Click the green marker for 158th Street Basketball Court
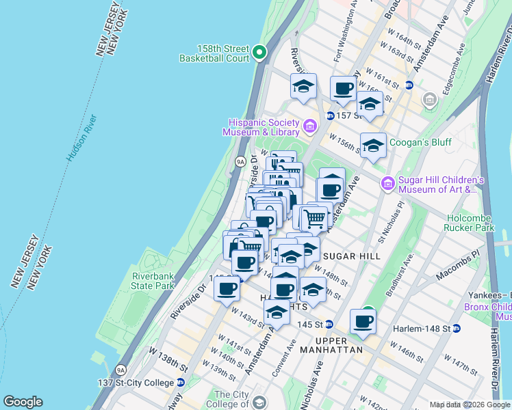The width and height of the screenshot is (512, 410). pos(259,52)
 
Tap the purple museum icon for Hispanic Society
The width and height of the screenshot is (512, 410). pos(309,126)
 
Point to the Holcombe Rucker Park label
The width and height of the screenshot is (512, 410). pos(469,220)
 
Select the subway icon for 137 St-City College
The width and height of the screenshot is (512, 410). pos(181,382)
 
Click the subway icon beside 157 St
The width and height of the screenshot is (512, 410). pos(330,115)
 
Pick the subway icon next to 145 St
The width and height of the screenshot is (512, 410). pos(329,324)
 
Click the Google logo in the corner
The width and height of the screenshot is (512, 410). pos(23,402)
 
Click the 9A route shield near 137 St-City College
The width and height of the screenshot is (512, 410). pos(120,370)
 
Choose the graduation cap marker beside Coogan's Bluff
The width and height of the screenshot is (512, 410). pos(373,145)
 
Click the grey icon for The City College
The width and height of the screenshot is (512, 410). pos(258,402)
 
